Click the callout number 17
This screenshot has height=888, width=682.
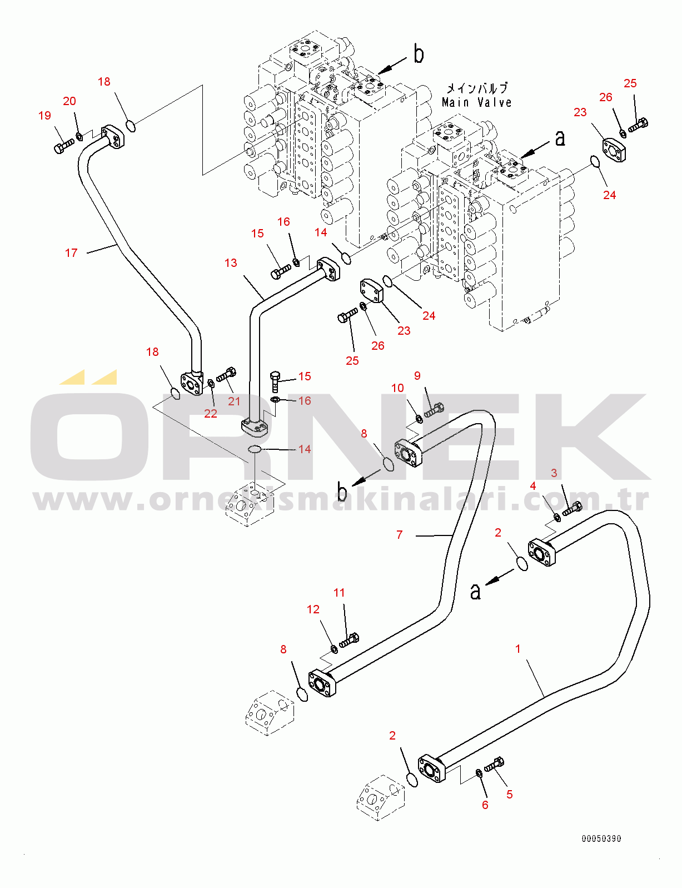click(x=71, y=253)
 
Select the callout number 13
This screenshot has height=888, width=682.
click(x=231, y=263)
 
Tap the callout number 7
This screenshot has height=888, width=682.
click(x=400, y=534)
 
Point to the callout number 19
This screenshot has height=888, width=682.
click(x=45, y=116)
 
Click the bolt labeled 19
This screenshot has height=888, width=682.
click(x=64, y=146)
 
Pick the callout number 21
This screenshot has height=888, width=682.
click(x=234, y=401)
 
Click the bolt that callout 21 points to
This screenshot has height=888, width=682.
click(x=226, y=374)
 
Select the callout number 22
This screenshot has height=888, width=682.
click(x=211, y=414)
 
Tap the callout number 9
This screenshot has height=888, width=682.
click(x=417, y=375)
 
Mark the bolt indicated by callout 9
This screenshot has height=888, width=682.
click(x=434, y=409)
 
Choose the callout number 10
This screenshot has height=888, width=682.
click(x=398, y=388)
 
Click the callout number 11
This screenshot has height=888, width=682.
click(x=340, y=593)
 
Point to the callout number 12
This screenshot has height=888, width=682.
click(x=313, y=609)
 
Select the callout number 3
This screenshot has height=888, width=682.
click(x=554, y=473)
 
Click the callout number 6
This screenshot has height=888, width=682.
click(x=485, y=805)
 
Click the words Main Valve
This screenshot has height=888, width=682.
click(x=476, y=102)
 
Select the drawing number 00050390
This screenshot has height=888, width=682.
click(x=601, y=839)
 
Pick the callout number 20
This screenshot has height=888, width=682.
click(x=69, y=101)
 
